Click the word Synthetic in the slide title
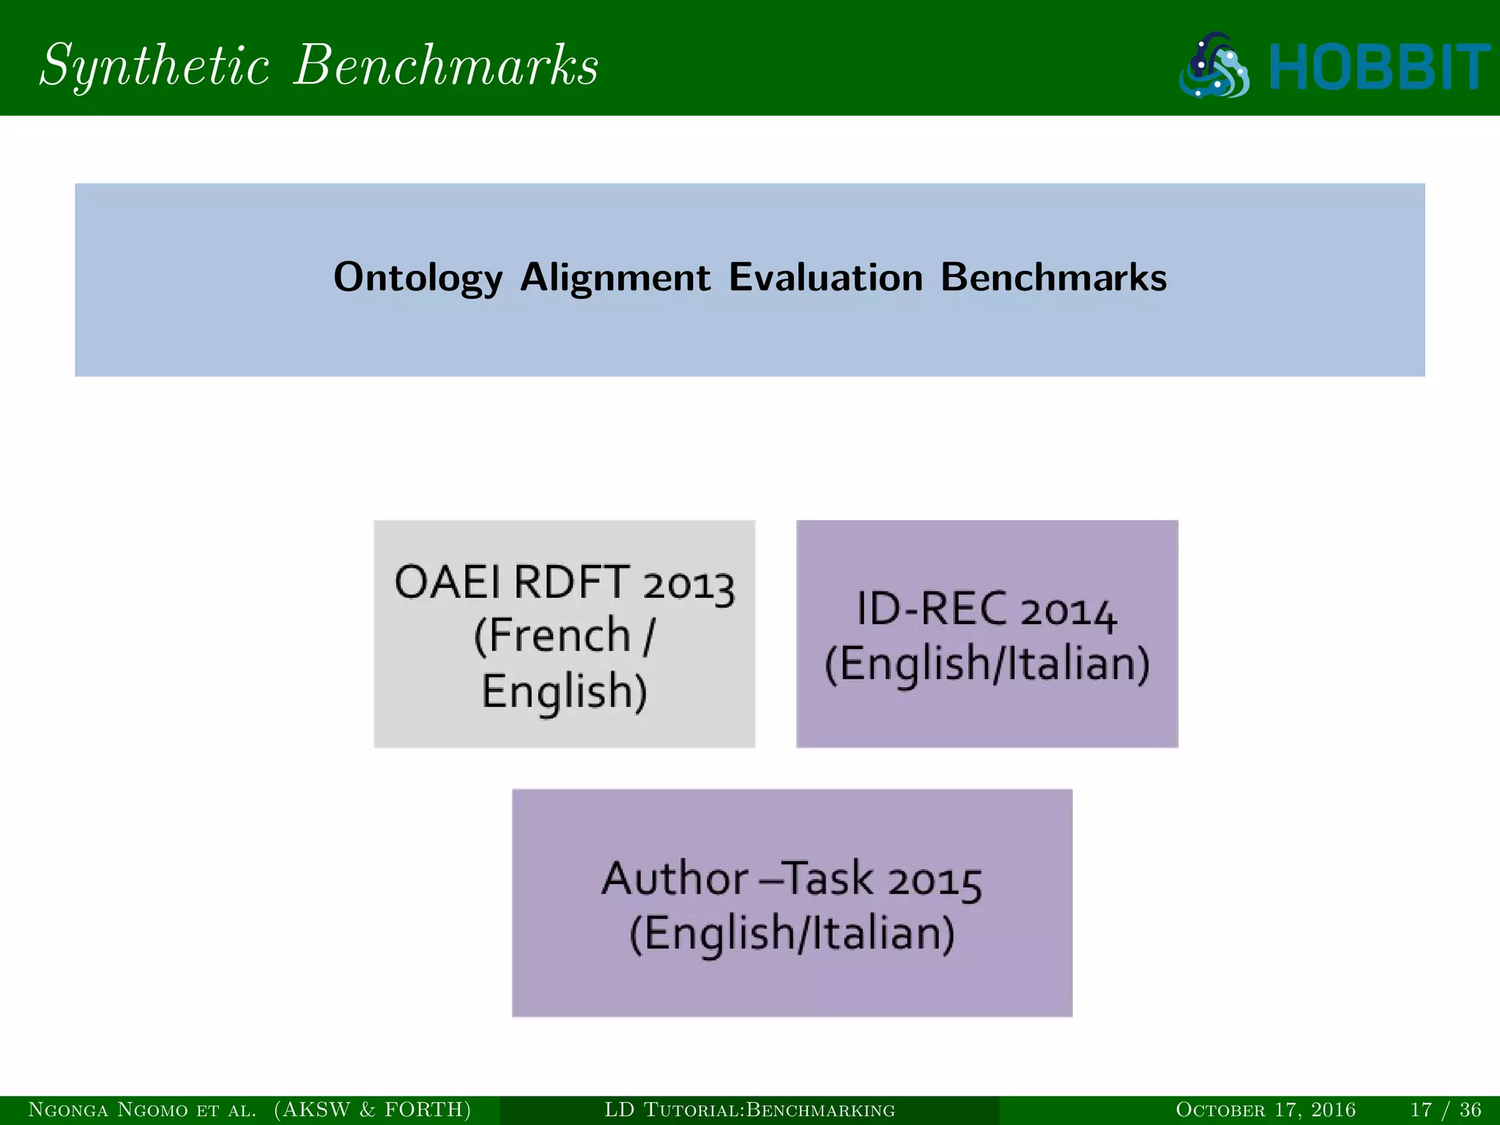click(x=154, y=66)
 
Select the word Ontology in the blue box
click(x=418, y=278)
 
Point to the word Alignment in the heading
click(x=615, y=278)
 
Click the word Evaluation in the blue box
click(x=825, y=278)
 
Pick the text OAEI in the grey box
click(x=448, y=583)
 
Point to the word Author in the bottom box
click(x=675, y=879)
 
